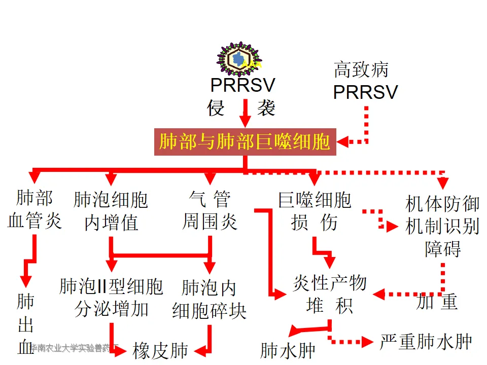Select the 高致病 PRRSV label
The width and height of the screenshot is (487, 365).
coord(365,81)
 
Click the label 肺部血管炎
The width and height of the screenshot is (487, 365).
coord(34,210)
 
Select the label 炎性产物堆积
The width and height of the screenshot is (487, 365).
coord(329,295)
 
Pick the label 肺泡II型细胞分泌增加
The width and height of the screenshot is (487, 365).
coord(111,298)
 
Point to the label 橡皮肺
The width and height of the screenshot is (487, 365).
coord(160,350)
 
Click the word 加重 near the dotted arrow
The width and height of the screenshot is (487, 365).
coord(437,302)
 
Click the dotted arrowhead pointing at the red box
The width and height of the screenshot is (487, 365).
coord(343,142)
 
